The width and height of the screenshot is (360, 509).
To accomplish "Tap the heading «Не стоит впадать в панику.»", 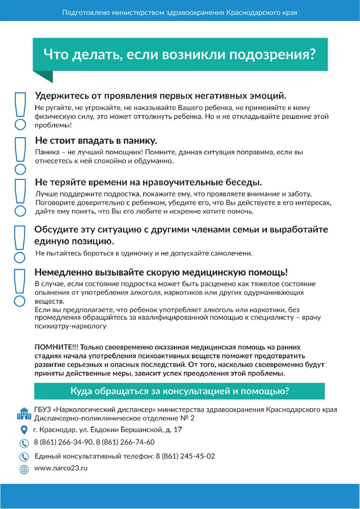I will point(96,141).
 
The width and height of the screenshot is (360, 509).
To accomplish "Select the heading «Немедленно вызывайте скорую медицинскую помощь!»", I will point(161,272).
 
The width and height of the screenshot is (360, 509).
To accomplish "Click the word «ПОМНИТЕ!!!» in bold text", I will point(56,346).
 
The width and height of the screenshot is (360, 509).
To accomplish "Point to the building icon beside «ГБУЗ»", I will point(24,413).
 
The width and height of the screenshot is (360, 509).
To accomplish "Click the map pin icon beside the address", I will point(24,429).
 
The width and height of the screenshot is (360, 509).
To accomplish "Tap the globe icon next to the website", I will point(24,469).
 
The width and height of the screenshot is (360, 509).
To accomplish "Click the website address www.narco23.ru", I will point(61,468).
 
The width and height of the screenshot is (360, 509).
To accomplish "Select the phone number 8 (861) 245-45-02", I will point(185,456).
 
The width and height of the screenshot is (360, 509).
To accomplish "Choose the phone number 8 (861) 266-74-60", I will point(125,442).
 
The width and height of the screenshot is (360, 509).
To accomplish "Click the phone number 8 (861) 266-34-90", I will point(63,442).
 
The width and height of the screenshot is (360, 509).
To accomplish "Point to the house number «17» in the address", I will point(178,429).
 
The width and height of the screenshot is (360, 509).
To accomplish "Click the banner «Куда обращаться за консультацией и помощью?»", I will point(179,391).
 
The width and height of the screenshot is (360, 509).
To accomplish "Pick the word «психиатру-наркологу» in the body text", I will point(70,327).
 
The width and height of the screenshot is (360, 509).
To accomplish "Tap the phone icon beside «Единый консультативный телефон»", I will point(24,456).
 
